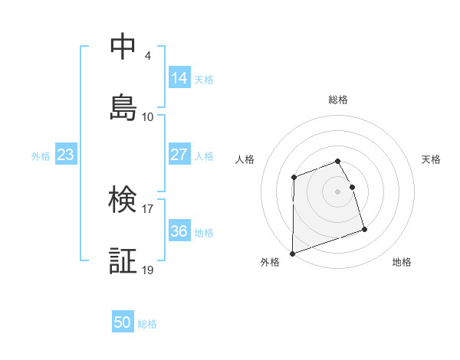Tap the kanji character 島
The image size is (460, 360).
pyautogui.click(x=123, y=107)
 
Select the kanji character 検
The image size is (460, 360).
pyautogui.click(x=123, y=201)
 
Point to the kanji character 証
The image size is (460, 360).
pyautogui.click(x=123, y=262)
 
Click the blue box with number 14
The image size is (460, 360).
pyautogui.click(x=179, y=77)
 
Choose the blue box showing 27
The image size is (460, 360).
pyautogui.click(x=179, y=154)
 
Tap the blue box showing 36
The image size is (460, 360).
pyautogui.click(x=179, y=231)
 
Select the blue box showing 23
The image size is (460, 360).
pyautogui.click(x=65, y=155)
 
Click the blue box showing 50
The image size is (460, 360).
pyautogui.click(x=123, y=322)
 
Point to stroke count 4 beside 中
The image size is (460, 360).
pyautogui.click(x=147, y=55)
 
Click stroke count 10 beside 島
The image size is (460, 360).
pyautogui.click(x=148, y=116)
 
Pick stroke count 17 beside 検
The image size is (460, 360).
pyautogui.click(x=148, y=208)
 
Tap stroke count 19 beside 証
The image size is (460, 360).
pyautogui.click(x=148, y=270)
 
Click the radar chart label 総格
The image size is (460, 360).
pyautogui.click(x=338, y=100)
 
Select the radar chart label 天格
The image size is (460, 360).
pyautogui.click(x=432, y=159)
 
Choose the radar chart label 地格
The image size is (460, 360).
pyautogui.click(x=402, y=263)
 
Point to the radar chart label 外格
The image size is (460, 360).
pyautogui.click(x=270, y=263)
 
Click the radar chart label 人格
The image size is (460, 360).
pyautogui.click(x=245, y=159)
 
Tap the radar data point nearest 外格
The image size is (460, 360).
pyautogui.click(x=292, y=253)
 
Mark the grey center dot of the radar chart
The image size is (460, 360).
pyautogui.click(x=338, y=191)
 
